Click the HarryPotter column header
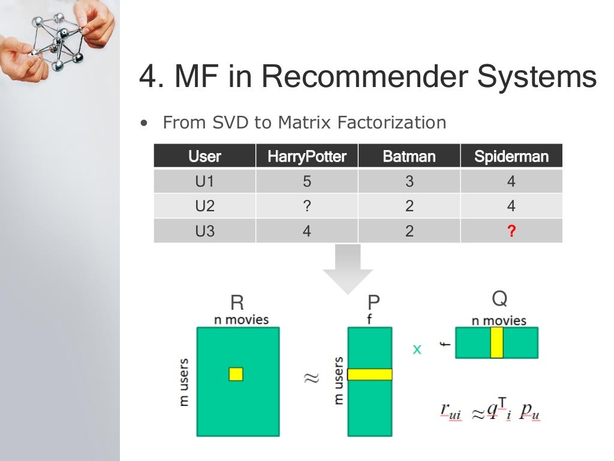[x=306, y=157]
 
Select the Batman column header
[x=409, y=157]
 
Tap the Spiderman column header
[x=511, y=157]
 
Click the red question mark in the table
[x=511, y=231]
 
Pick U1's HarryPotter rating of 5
[x=306, y=181]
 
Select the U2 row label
[x=204, y=206]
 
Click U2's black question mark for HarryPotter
[x=306, y=206]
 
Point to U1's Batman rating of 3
[x=409, y=181]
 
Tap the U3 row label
[x=204, y=231]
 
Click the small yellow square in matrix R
[x=236, y=374]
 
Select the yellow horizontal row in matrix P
[x=369, y=374]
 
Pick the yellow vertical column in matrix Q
[x=496, y=343]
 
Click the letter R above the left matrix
[x=237, y=302]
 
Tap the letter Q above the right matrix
[x=499, y=298]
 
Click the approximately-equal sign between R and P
[x=312, y=378]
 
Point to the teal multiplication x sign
[x=417, y=349]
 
